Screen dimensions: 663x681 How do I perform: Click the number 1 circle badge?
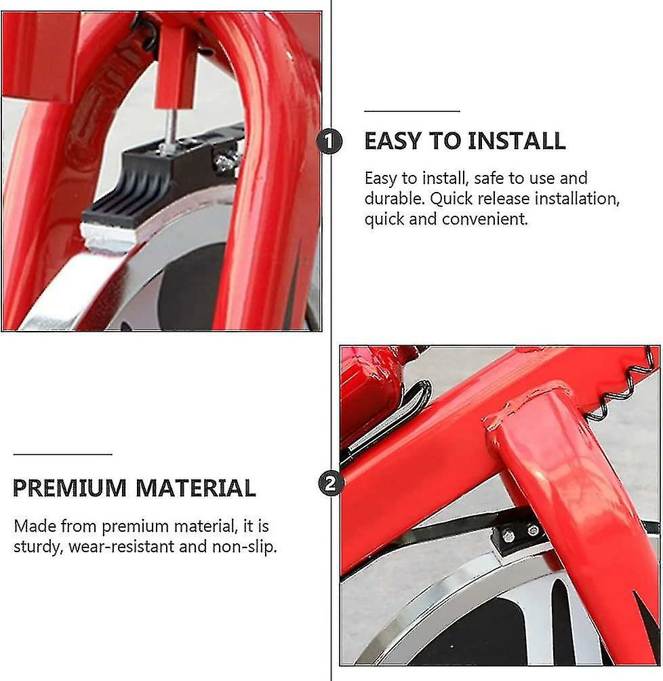point(329,141)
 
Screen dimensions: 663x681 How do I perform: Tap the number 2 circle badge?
point(331,484)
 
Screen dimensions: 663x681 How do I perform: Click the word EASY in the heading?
point(393,141)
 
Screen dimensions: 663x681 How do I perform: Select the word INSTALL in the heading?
point(517,141)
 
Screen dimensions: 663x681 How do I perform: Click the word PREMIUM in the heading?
point(69,488)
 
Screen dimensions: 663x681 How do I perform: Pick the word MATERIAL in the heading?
point(196,488)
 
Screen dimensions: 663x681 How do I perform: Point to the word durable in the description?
point(395,199)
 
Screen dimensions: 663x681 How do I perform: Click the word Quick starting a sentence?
point(451,199)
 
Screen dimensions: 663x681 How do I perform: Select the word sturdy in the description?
point(38,547)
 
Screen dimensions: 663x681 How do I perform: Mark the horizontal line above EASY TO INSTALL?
point(412,111)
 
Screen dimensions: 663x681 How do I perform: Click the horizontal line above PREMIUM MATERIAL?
point(63,454)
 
